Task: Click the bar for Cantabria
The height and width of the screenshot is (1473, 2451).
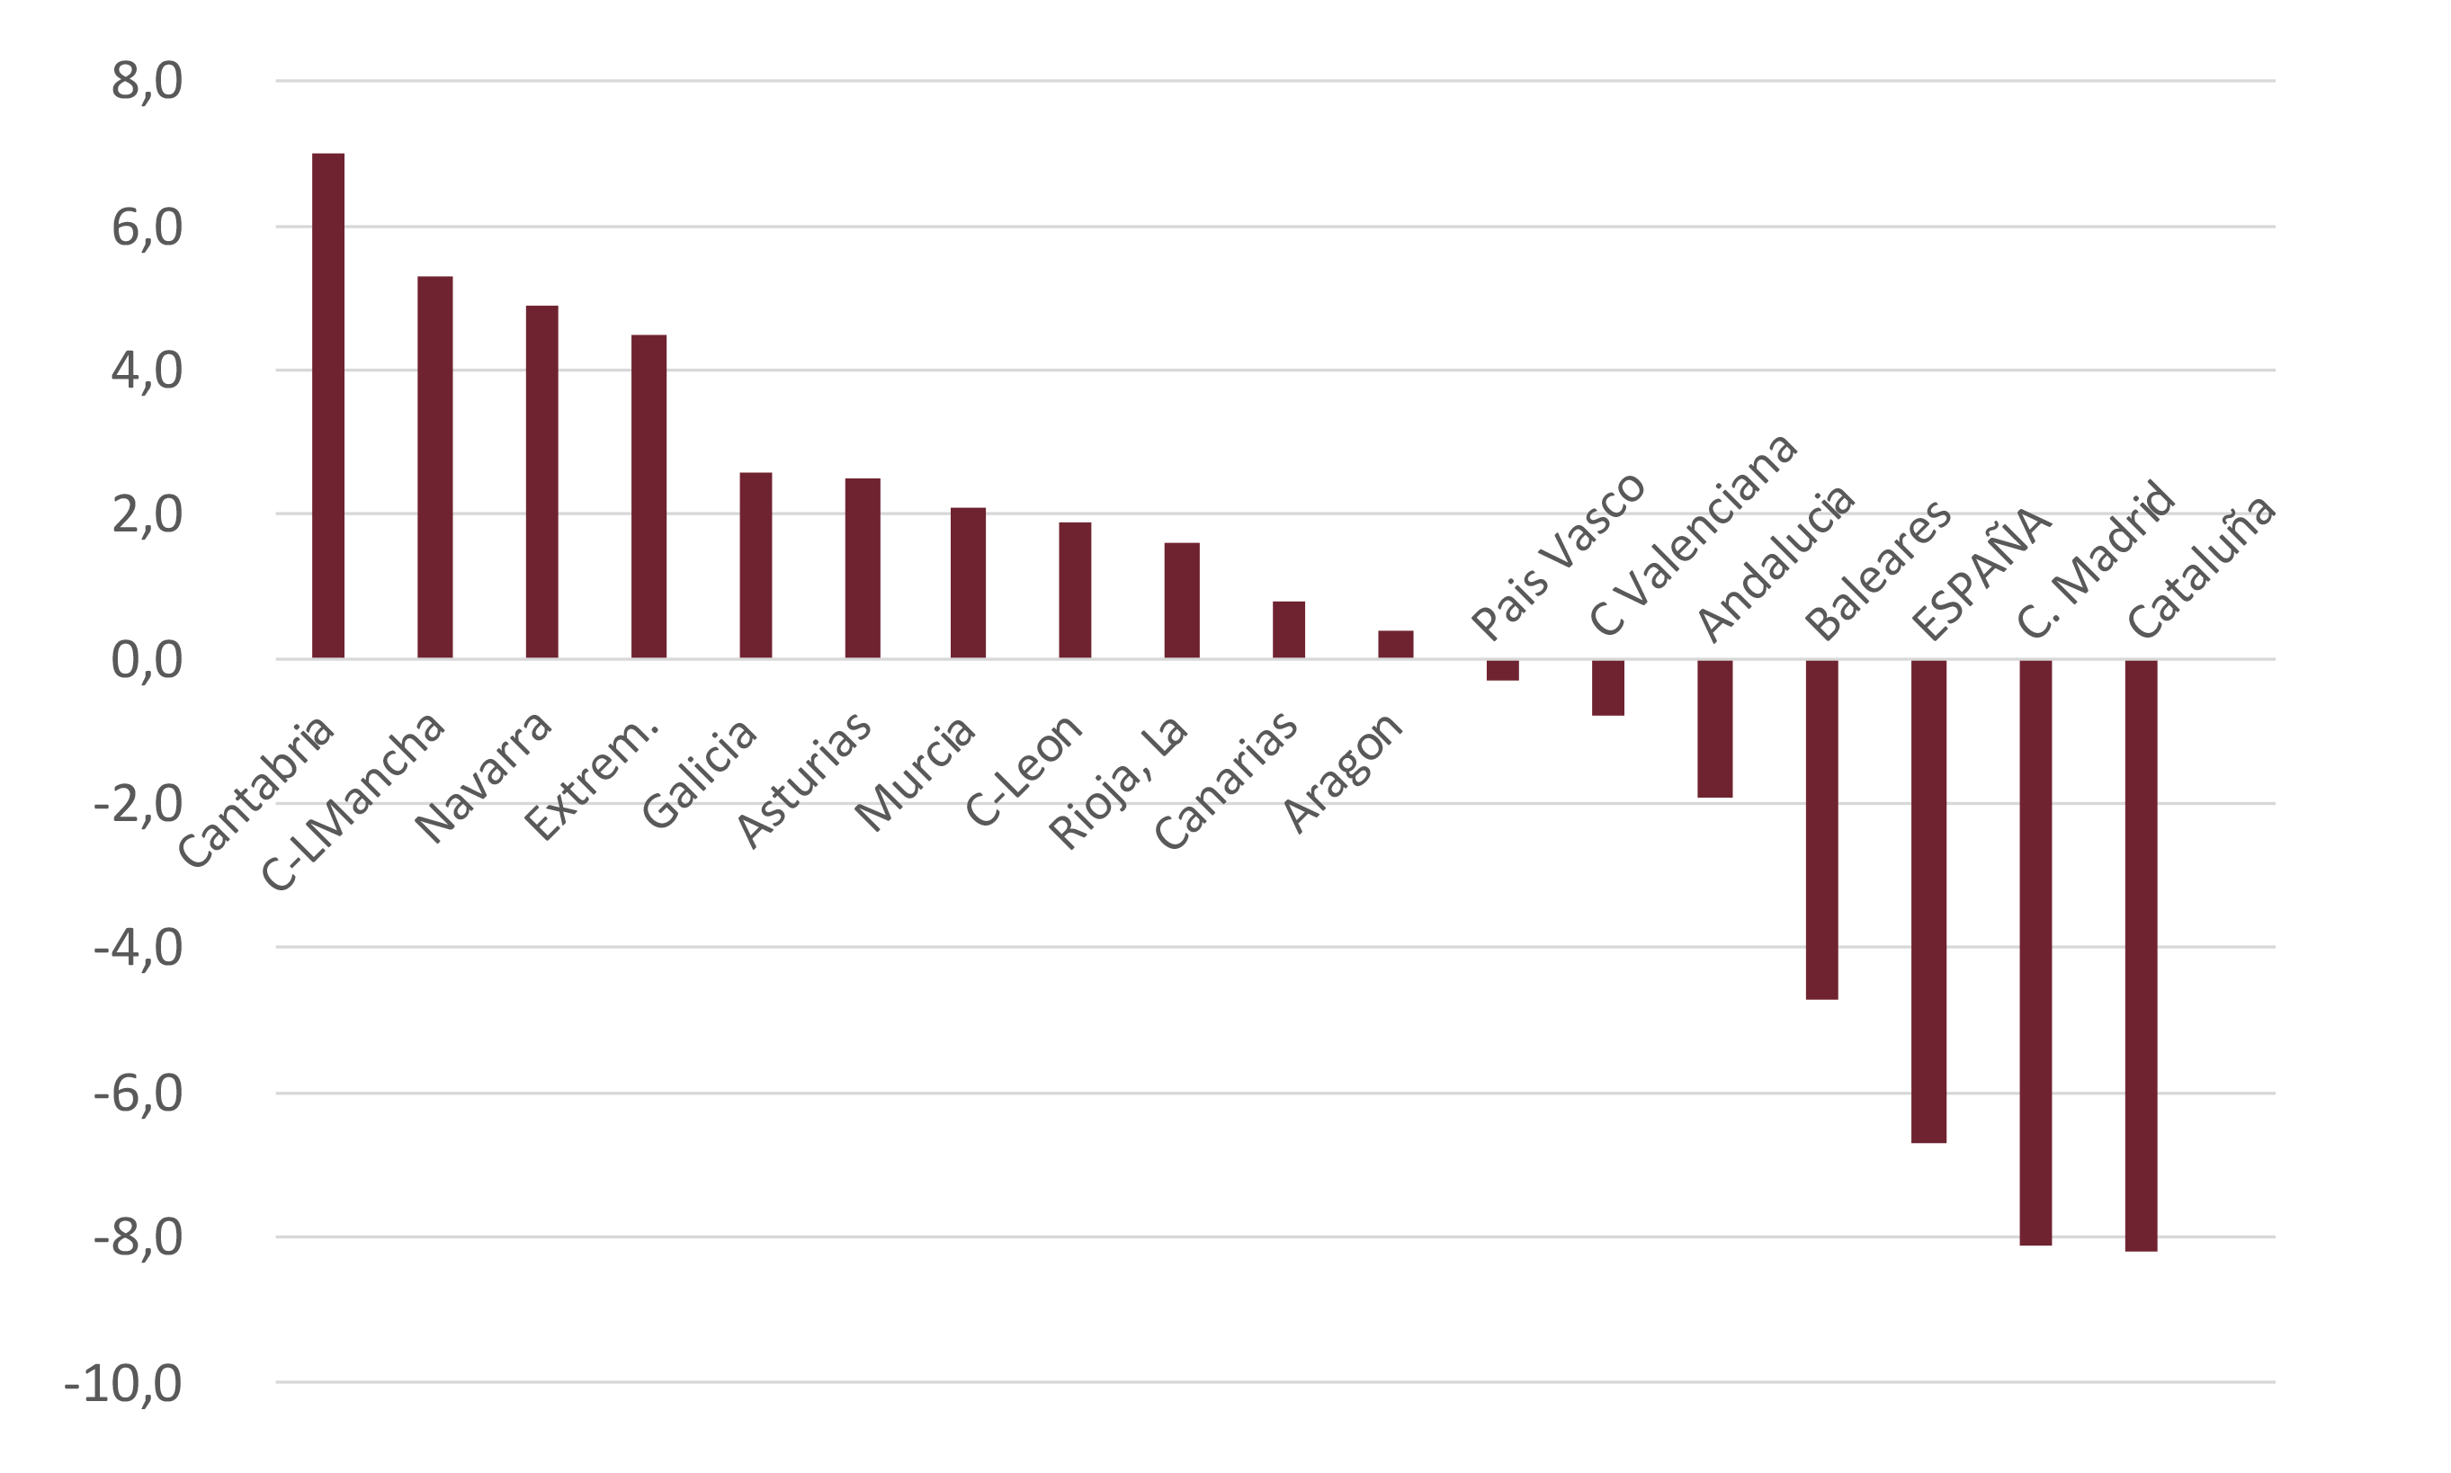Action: tap(327, 405)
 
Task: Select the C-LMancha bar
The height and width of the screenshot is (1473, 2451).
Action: tap(434, 467)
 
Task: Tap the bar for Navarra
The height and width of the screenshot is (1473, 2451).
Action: tap(542, 481)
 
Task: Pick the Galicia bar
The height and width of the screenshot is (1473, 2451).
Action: tap(756, 565)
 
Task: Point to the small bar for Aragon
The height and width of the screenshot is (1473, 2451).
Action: tap(1395, 644)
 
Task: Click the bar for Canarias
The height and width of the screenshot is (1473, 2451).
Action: tap(1289, 629)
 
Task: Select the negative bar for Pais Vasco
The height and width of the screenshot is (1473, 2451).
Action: tap(1502, 670)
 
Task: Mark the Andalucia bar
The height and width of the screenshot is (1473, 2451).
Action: tap(1714, 728)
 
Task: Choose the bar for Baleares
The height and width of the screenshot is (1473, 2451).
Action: tap(1821, 829)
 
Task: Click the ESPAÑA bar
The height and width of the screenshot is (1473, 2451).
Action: tap(1928, 901)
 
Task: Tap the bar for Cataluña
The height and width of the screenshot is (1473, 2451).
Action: tap(2142, 955)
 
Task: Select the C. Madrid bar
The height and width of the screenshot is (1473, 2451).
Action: tap(2035, 952)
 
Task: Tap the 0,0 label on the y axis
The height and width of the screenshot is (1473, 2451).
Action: tap(147, 660)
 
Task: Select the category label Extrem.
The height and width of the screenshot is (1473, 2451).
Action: tap(593, 778)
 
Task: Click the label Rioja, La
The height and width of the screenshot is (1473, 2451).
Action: tap(1119, 782)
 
